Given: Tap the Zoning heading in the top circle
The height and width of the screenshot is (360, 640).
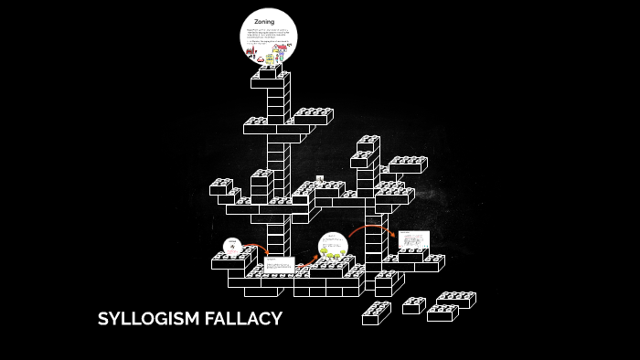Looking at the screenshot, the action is tap(264, 21).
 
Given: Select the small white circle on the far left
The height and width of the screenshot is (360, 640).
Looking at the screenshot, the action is tap(233, 247).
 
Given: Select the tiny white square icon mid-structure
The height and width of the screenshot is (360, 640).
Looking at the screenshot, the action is tap(319, 179).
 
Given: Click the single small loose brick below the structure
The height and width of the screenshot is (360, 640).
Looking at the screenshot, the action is tap(414, 304).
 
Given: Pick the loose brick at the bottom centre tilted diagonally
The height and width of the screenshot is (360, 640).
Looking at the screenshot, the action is tap(376, 312).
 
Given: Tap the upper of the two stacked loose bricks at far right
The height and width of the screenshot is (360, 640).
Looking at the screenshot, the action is tap(455, 299).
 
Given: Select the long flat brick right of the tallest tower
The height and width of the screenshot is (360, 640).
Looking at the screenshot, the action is tap(312, 115).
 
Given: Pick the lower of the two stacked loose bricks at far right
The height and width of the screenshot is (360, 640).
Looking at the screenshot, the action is tap(442, 312).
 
